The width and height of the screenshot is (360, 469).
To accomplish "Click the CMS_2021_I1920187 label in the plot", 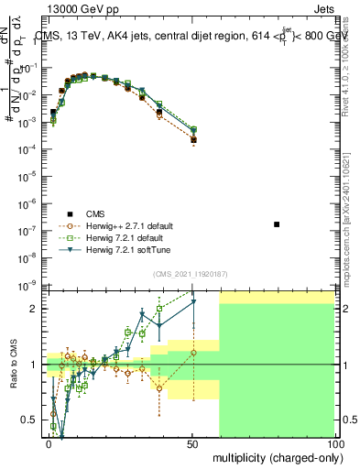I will pos(190,273).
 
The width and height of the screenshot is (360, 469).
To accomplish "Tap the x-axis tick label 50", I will pos(191,442).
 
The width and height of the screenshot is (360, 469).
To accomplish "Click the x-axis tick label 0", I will pos(49,442).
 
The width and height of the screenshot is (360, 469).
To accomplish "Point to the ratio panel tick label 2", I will pos(35,309).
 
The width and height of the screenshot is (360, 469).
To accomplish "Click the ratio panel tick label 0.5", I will pos(30,420).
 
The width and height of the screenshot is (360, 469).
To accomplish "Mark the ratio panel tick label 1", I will pos(35,365).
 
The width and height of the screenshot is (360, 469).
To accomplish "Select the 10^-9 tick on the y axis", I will pos(29,287).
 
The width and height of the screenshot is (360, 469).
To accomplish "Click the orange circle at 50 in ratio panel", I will pos(192,353).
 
